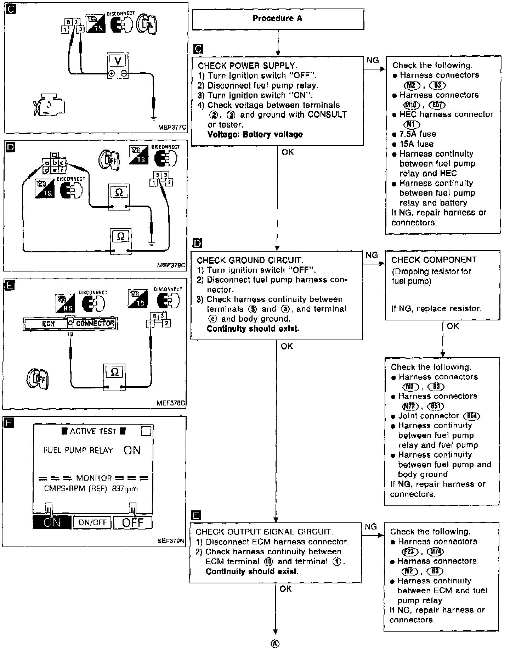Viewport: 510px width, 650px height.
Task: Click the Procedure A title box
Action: (278, 19)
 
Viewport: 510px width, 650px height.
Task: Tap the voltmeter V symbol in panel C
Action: (118, 61)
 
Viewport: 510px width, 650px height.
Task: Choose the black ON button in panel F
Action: (52, 522)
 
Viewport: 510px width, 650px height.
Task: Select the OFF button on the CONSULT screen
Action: (133, 522)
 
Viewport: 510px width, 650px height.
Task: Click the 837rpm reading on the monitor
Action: (125, 489)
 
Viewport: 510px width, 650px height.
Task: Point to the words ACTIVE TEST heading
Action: (93, 431)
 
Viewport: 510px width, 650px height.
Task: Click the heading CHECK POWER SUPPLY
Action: (247, 66)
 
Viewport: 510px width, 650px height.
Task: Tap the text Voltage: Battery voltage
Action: (255, 135)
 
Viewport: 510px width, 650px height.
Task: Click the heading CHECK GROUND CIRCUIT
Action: (250, 260)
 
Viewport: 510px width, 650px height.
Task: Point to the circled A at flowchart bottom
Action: (275, 644)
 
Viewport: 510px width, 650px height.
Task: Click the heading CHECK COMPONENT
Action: (434, 260)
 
